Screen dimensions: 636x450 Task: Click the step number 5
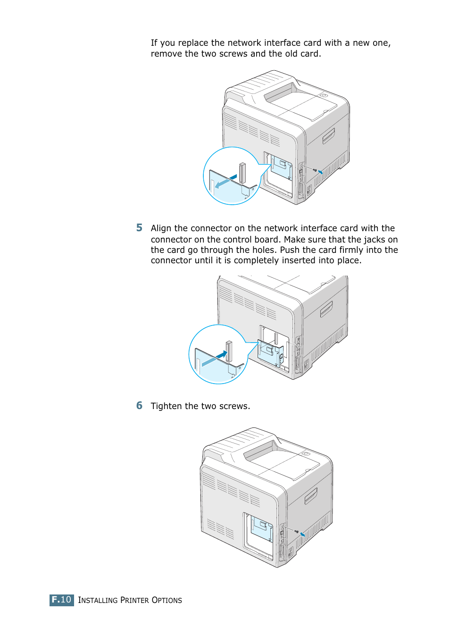tap(139, 228)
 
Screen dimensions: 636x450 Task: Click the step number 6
tap(139, 406)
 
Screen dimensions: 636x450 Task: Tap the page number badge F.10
tap(61, 600)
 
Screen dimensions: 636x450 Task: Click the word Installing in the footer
tap(98, 600)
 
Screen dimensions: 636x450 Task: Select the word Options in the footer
tap(167, 600)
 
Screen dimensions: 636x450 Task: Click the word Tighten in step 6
tap(166, 406)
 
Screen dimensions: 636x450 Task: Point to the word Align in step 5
tap(161, 228)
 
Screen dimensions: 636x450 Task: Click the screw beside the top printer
tap(315, 169)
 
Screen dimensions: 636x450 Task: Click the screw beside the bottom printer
tap(296, 531)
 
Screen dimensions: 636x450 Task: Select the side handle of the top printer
tap(328, 136)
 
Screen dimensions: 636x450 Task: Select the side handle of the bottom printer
tap(310, 496)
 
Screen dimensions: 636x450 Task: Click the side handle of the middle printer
tap(326, 310)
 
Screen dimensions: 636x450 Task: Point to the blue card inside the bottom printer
tap(261, 528)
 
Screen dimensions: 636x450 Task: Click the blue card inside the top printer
tap(281, 167)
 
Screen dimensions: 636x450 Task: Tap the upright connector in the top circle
tap(242, 173)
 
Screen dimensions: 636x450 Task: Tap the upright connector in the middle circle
tap(229, 351)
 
